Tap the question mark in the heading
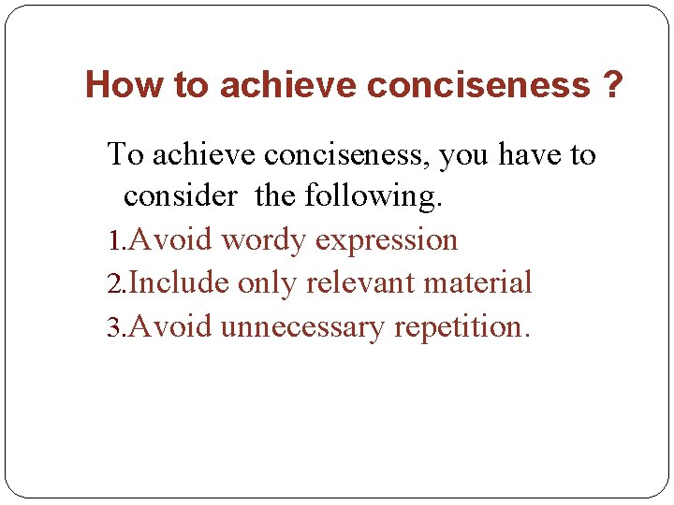pos(612,85)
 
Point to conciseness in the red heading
pos(478,85)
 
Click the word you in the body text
pos(491,154)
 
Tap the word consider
pos(181,196)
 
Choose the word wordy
pos(264,241)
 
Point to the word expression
pos(386,241)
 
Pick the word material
pos(477,283)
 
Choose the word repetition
pos(462,328)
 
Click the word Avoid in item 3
pos(170,327)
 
